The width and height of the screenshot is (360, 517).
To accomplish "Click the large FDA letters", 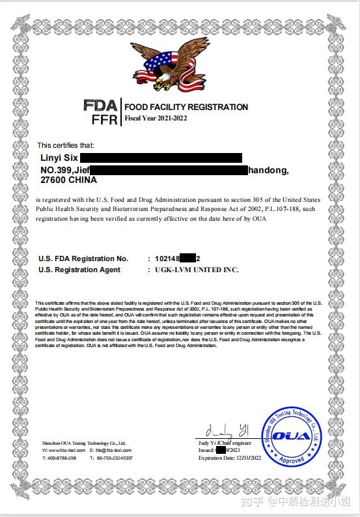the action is pos(100,105).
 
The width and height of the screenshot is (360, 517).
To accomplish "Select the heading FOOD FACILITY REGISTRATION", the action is pos(186,107).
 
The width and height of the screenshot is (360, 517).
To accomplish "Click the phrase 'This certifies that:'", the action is pos(66,145).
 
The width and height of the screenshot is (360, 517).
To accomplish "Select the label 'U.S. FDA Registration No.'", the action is pos(83,259).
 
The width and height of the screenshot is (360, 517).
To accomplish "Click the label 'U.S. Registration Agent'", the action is pos(79,270).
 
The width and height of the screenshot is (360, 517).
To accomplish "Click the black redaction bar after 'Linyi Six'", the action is pos(161,158).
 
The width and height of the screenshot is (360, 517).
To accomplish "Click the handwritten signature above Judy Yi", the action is pos(225,431).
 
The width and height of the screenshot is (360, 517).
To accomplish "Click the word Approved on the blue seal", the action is pos(290,459).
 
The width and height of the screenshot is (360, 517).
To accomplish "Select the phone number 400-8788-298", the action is pos(61,458).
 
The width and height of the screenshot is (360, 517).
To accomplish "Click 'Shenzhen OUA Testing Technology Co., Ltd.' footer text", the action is pos(84,443).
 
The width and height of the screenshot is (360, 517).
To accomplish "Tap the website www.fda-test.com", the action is pos(63,451).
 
